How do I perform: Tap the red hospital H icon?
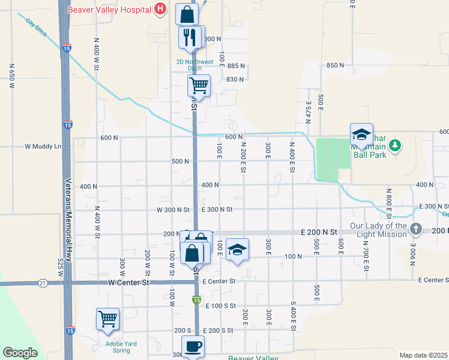[160, 9]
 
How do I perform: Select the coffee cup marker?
[193, 346]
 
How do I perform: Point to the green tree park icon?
[394, 145]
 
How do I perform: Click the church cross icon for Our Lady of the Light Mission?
[415, 229]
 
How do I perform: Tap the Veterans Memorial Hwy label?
[68, 221]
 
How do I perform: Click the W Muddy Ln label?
[43, 146]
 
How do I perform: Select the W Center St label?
[128, 282]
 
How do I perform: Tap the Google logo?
[20, 353]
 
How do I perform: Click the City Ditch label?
[36, 26]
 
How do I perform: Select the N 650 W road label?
[11, 76]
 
